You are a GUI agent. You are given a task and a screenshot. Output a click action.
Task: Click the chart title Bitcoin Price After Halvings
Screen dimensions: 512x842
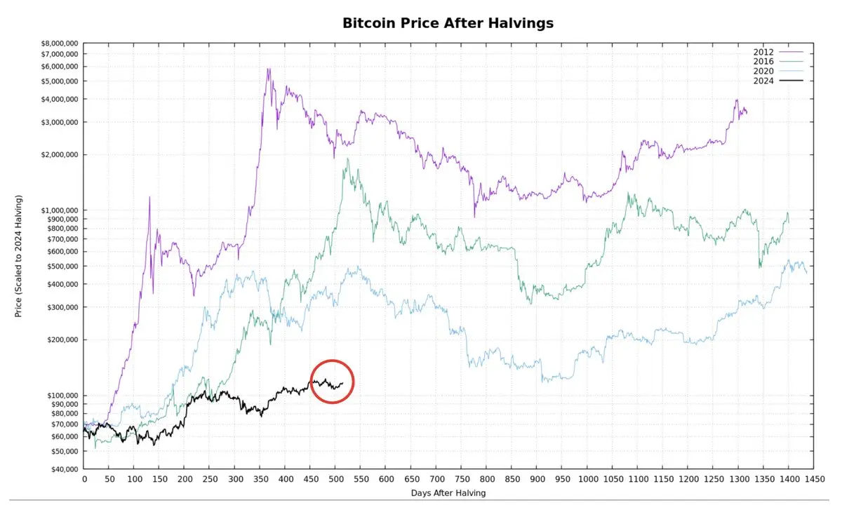(448, 23)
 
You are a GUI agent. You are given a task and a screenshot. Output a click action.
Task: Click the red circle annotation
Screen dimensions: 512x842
(332, 382)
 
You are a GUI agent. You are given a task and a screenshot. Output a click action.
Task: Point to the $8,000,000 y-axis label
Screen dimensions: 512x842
(60, 43)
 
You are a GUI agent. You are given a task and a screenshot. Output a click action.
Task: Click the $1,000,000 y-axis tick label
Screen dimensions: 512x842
(60, 210)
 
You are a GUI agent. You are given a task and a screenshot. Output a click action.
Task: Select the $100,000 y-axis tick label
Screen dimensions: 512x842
(62, 396)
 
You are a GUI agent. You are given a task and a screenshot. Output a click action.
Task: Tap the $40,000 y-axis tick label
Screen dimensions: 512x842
(65, 469)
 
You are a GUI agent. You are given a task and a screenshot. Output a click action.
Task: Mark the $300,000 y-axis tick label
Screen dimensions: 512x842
(62, 307)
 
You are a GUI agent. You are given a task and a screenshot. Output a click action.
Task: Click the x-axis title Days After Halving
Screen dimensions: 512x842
(448, 493)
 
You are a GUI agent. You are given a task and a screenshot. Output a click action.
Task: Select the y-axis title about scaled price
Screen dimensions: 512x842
(19, 256)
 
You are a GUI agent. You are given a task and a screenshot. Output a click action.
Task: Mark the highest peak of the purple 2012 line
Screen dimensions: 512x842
(268, 69)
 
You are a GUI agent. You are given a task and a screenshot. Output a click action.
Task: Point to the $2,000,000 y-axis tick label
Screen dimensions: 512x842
(60, 154)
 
